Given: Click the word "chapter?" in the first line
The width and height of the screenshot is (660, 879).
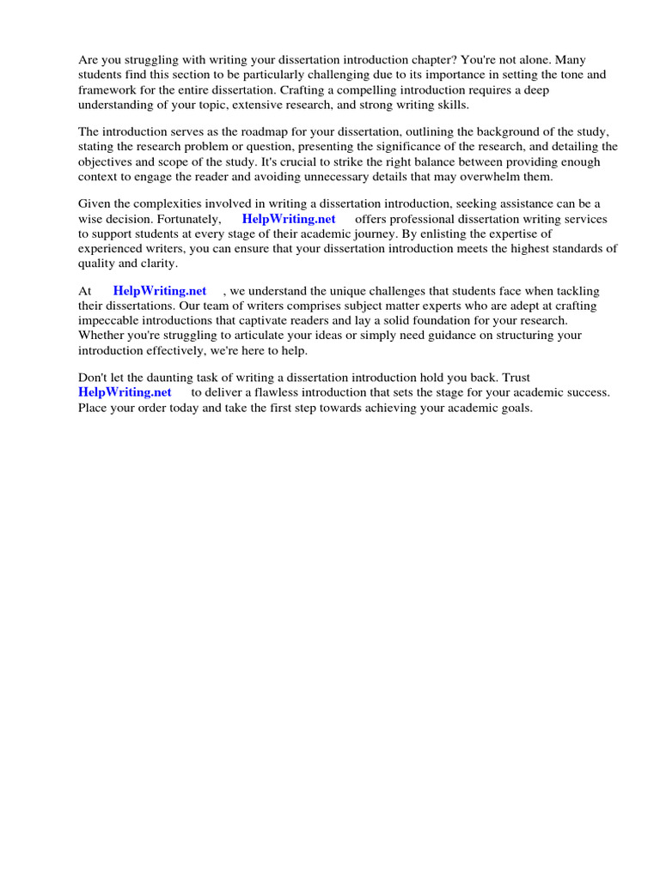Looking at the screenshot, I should pyautogui.click(x=424, y=60).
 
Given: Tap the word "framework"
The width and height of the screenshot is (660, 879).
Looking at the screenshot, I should pyautogui.click(x=107, y=89).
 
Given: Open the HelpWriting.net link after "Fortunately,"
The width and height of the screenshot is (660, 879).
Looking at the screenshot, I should pyautogui.click(x=289, y=219).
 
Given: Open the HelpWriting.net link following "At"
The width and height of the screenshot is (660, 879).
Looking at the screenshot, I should pyautogui.click(x=160, y=291).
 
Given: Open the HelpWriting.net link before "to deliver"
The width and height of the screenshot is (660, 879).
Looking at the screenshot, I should pyautogui.click(x=125, y=392).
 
